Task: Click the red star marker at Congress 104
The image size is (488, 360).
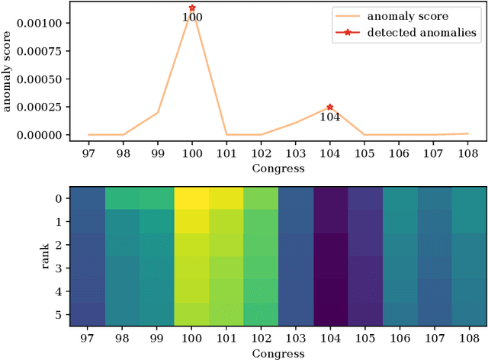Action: point(329,108)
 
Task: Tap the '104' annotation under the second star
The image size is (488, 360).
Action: point(329,117)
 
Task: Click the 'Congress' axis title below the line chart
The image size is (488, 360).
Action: point(278,169)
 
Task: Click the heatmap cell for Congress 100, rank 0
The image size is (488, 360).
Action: point(192,198)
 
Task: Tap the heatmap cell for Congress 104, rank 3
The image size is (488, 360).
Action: point(329,268)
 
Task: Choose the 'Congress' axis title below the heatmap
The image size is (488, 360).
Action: point(278,353)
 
